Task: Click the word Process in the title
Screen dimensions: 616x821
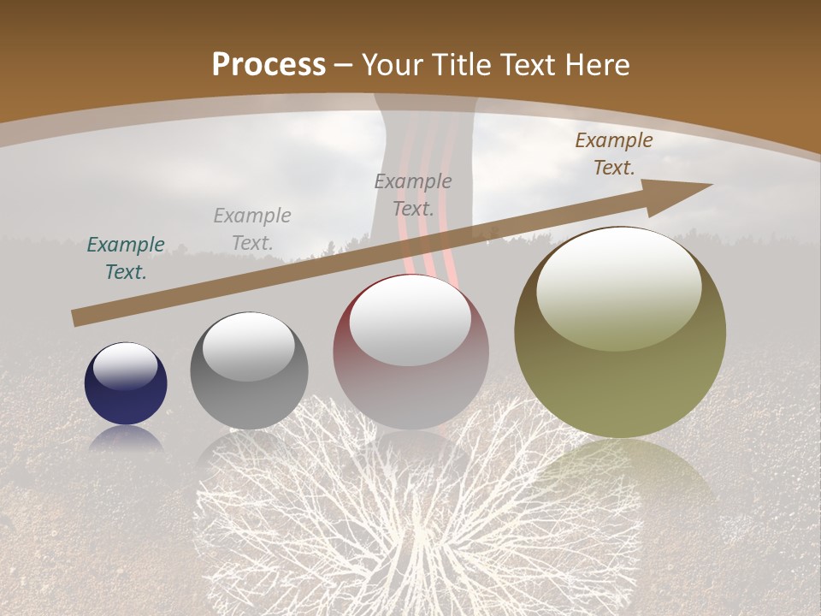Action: coord(269,65)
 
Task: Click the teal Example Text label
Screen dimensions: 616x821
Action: coord(126,258)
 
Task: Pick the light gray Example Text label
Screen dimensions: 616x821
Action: coord(252,229)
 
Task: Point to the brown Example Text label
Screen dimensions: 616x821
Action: coord(614,154)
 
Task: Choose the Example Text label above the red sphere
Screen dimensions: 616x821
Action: coord(413,195)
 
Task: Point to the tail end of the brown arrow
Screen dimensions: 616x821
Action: coord(77,318)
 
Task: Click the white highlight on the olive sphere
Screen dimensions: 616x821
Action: coord(618,288)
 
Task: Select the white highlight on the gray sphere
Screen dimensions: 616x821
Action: coord(249,346)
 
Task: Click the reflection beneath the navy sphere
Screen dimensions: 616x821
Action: coord(126,440)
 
